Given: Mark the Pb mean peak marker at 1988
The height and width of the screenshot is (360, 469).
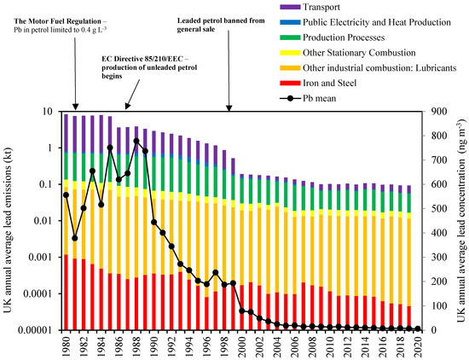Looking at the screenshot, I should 136,141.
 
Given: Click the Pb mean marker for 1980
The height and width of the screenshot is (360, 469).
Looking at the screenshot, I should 67,195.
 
